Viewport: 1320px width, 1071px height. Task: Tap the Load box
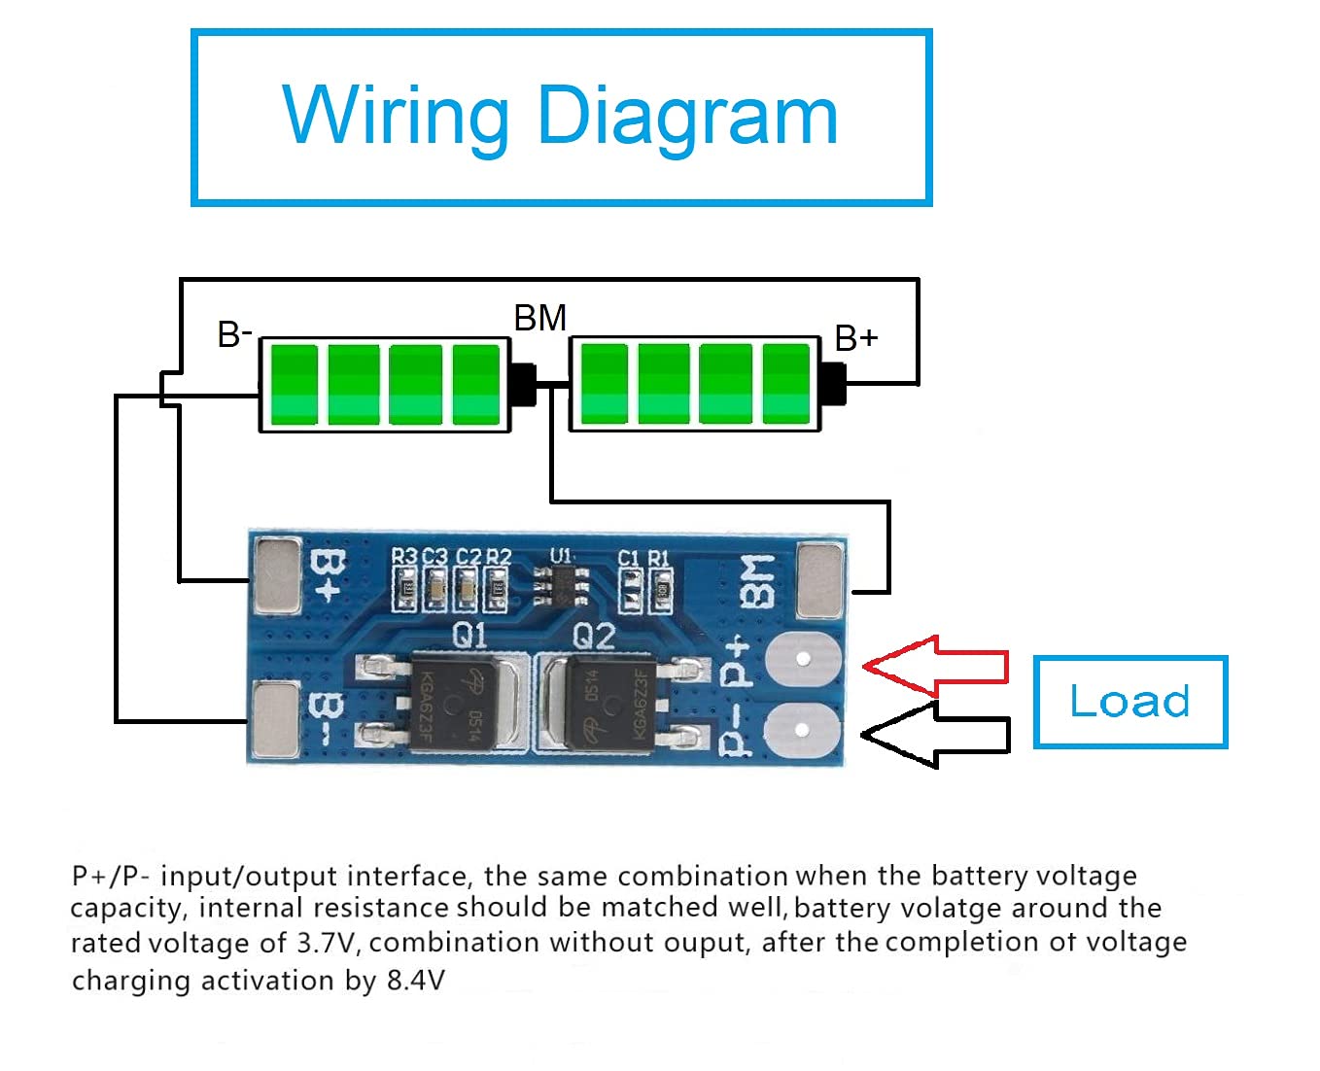click(1129, 702)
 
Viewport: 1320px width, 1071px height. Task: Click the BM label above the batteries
click(539, 318)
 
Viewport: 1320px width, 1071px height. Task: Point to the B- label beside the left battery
click(234, 334)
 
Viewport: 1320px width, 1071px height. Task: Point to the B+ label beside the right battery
click(856, 338)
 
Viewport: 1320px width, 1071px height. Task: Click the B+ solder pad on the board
click(276, 577)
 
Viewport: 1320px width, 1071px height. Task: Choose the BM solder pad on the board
click(819, 580)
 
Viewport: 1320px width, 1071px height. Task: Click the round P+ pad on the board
click(802, 659)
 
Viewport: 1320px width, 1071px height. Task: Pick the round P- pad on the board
click(802, 730)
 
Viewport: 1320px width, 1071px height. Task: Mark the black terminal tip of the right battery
click(833, 384)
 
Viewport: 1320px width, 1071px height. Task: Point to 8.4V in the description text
click(416, 980)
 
